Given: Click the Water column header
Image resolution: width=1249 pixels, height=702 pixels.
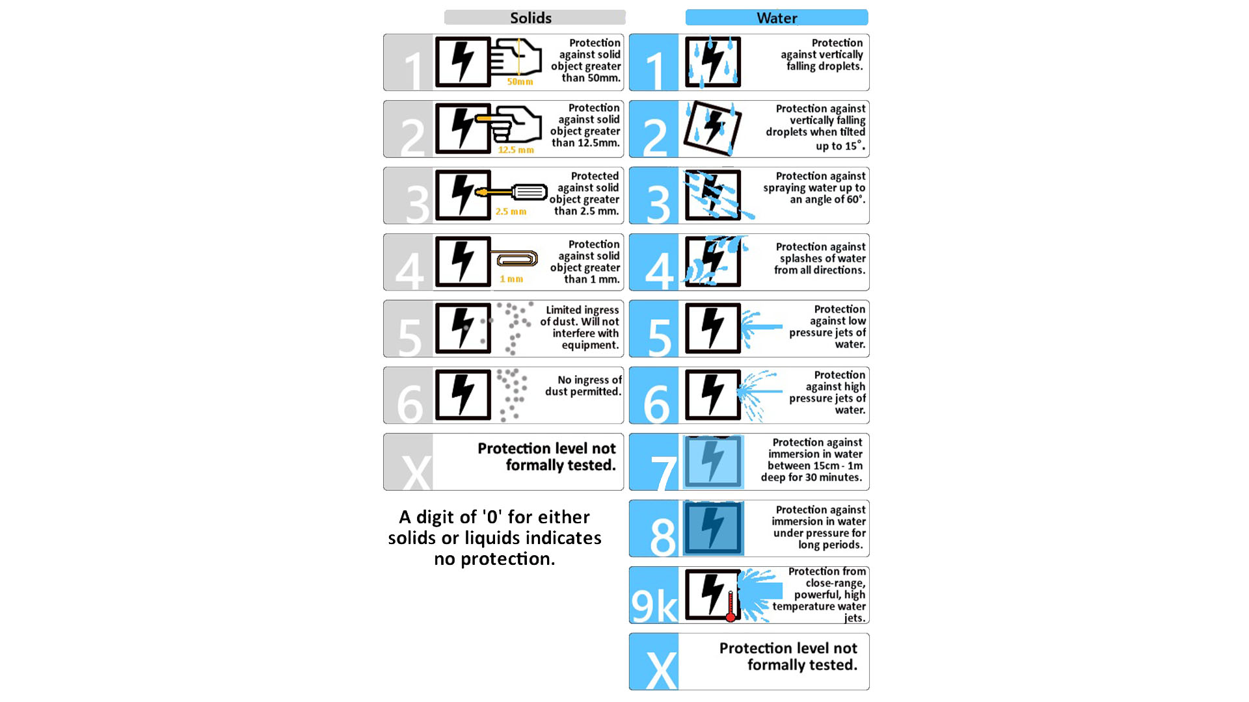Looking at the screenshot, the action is click(x=777, y=18).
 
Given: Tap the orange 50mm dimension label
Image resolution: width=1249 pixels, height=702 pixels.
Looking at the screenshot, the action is click(x=520, y=82).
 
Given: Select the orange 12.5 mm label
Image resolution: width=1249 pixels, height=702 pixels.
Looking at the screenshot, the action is click(x=516, y=150).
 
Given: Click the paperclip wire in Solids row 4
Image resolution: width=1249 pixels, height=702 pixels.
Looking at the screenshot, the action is click(x=515, y=259).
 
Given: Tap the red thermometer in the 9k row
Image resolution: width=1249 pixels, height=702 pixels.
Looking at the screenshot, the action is click(x=731, y=606).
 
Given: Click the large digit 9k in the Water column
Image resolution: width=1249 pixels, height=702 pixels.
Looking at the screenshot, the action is click(x=654, y=606).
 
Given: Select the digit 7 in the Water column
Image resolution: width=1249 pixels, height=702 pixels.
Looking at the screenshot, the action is click(x=664, y=473).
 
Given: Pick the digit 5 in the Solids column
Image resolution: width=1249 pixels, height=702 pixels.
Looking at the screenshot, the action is click(x=410, y=337).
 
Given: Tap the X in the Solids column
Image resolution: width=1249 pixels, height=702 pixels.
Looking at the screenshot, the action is click(x=416, y=472).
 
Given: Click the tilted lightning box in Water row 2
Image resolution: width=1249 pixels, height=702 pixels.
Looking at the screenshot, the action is click(x=712, y=128).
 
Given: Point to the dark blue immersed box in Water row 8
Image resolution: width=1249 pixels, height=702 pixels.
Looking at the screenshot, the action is click(x=713, y=528).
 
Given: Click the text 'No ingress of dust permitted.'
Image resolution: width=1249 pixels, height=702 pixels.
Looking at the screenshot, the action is click(x=584, y=386).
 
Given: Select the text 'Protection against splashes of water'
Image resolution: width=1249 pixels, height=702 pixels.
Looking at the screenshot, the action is click(x=821, y=253).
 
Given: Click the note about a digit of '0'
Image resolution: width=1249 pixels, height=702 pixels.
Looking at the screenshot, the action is click(x=495, y=538).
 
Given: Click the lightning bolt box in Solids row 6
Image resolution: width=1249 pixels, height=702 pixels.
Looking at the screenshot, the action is click(x=463, y=395).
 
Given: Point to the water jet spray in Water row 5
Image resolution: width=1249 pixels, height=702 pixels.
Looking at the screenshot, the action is click(x=761, y=327).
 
